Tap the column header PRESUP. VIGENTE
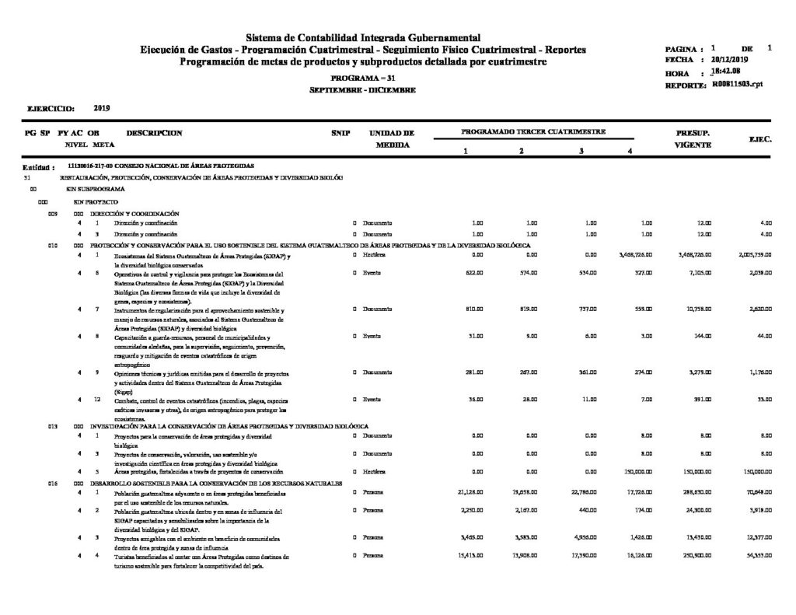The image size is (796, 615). coord(691,138)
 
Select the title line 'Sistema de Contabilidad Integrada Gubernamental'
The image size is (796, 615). coord(363,37)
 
